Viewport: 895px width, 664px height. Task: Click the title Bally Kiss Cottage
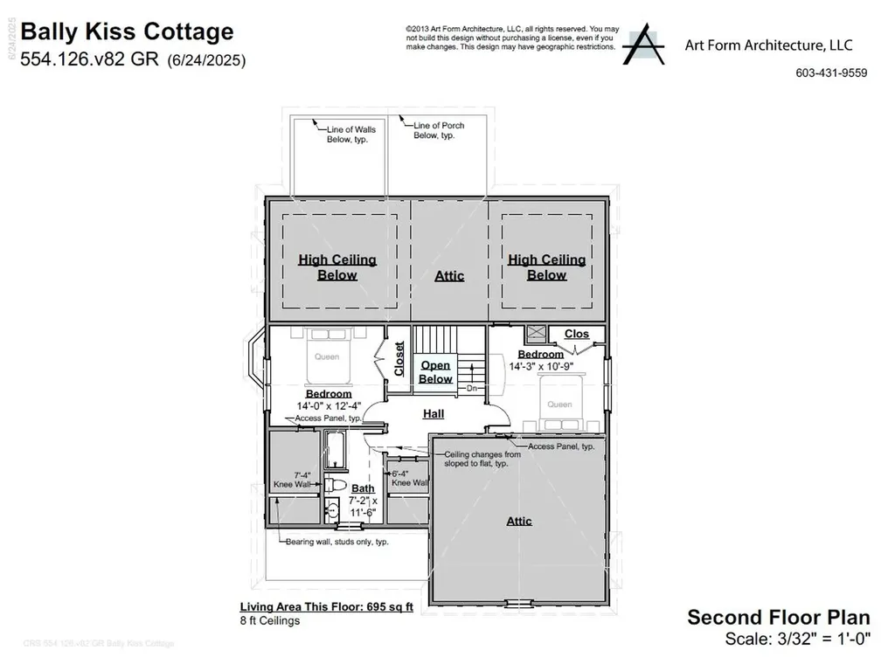point(127,32)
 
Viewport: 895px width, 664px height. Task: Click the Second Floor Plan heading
point(778,617)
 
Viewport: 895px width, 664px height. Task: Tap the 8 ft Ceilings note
point(270,621)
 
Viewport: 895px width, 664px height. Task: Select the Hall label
point(434,414)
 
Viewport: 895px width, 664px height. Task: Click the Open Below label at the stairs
point(435,372)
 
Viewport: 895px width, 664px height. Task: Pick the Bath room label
point(363,488)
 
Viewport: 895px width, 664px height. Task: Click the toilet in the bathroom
point(336,484)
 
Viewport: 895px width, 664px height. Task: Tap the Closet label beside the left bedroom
point(399,359)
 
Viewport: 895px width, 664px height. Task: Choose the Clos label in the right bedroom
point(577,334)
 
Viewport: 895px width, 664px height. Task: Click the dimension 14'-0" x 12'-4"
point(329,406)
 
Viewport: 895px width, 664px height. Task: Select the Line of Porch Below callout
point(438,130)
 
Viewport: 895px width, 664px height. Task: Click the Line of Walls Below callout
point(351,135)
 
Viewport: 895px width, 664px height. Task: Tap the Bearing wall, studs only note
point(336,542)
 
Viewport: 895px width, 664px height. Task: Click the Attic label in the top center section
point(449,275)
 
